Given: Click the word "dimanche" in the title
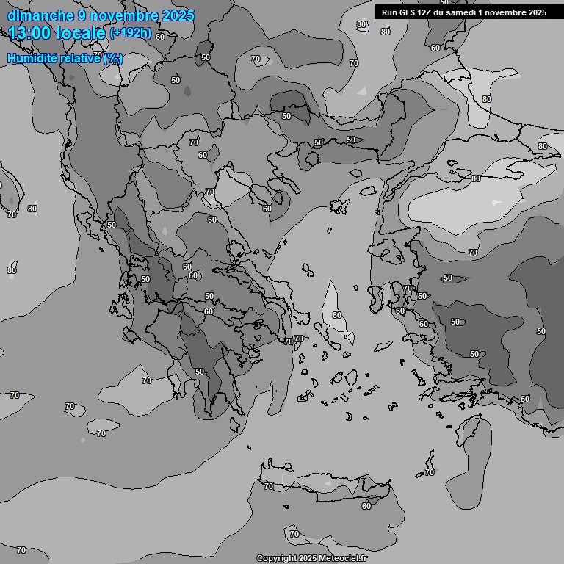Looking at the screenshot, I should [40, 15].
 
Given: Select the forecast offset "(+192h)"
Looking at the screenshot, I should [131, 32].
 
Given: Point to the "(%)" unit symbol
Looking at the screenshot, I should [113, 58].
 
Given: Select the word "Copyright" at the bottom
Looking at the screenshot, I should [276, 558].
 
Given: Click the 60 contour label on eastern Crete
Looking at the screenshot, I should [366, 505].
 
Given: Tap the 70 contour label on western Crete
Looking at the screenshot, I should [269, 486].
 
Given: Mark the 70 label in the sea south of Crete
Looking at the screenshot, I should [294, 534].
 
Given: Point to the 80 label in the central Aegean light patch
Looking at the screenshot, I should [337, 315].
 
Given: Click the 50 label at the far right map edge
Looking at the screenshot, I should [541, 332].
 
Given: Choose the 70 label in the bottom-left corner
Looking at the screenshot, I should [21, 550].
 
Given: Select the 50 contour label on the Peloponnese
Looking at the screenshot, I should [200, 372].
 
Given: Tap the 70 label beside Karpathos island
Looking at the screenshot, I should [430, 472].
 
